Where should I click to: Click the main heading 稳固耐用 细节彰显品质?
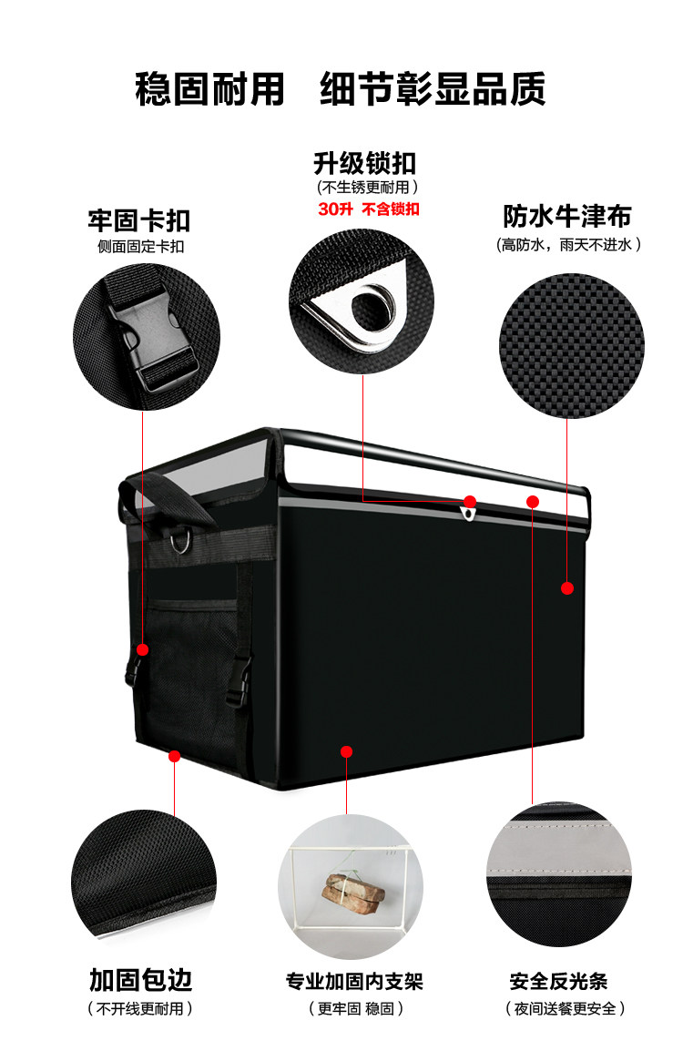[341, 90]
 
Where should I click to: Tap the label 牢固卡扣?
[139, 220]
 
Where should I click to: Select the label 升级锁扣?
[364, 163]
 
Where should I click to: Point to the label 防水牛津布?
[567, 217]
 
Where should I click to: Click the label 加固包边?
[140, 980]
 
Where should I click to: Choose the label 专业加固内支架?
[354, 981]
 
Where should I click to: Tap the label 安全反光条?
[558, 981]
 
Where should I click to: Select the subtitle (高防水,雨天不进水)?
[568, 244]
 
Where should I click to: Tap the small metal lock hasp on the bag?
[468, 514]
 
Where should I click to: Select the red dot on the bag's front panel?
[346, 751]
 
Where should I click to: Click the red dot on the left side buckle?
[143, 649]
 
